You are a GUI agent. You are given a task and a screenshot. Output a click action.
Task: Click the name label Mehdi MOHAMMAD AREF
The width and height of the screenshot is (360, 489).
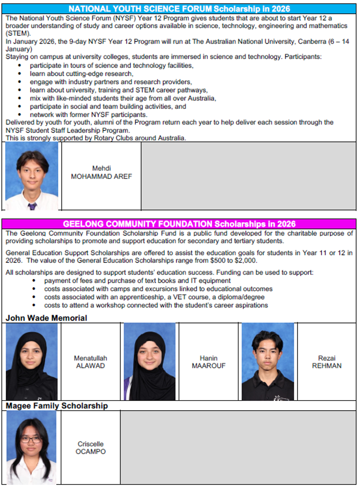[101, 172]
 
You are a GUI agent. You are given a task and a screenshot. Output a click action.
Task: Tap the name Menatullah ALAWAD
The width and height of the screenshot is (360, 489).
[90, 362]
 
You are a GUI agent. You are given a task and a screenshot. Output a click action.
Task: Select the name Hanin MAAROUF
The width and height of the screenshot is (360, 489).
[209, 362]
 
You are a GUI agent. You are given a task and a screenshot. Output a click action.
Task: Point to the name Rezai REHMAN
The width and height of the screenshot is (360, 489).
[327, 362]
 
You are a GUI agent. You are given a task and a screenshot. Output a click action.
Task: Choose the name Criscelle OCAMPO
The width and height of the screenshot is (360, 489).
[90, 447]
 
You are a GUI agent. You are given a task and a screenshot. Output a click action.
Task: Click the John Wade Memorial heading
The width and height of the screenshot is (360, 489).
[46, 318]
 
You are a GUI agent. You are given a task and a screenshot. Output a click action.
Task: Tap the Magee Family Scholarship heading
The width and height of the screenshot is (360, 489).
[57, 405]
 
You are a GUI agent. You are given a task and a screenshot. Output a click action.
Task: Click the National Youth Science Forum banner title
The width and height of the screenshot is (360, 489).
[179, 9]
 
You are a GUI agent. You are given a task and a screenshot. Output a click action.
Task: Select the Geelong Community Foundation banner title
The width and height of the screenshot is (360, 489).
[179, 224]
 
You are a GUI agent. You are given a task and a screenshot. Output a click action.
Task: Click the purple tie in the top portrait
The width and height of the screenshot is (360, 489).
[32, 206]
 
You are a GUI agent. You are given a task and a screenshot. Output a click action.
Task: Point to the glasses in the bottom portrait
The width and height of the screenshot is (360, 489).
[31, 440]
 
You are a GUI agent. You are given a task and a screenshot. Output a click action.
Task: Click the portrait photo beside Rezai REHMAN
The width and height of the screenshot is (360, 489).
[268, 361]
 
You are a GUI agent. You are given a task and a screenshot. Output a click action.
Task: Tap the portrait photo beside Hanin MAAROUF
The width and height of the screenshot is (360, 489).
[149, 361]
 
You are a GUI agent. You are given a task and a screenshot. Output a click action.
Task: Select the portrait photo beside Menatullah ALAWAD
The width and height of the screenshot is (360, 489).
[32, 361]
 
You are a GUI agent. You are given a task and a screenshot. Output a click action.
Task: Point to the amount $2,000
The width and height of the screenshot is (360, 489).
[246, 261]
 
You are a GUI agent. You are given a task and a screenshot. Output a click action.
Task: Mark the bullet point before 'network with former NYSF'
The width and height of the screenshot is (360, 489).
[19, 115]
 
